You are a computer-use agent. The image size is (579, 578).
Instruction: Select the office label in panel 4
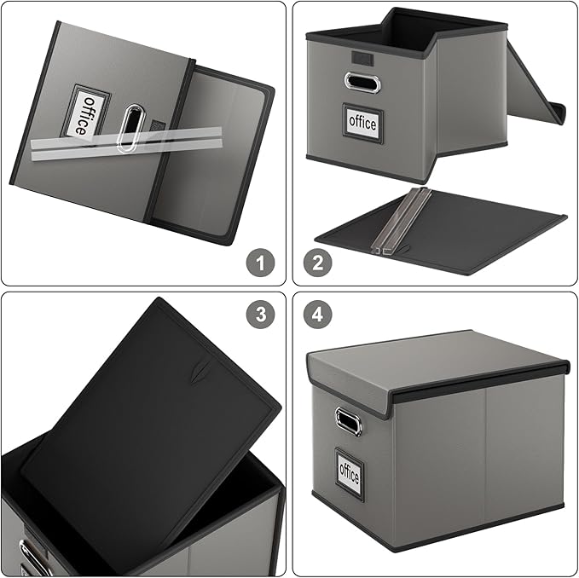tap(349, 470)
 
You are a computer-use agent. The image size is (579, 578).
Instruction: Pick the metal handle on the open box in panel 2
tap(362, 83)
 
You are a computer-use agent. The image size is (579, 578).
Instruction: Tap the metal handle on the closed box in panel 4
tap(348, 421)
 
